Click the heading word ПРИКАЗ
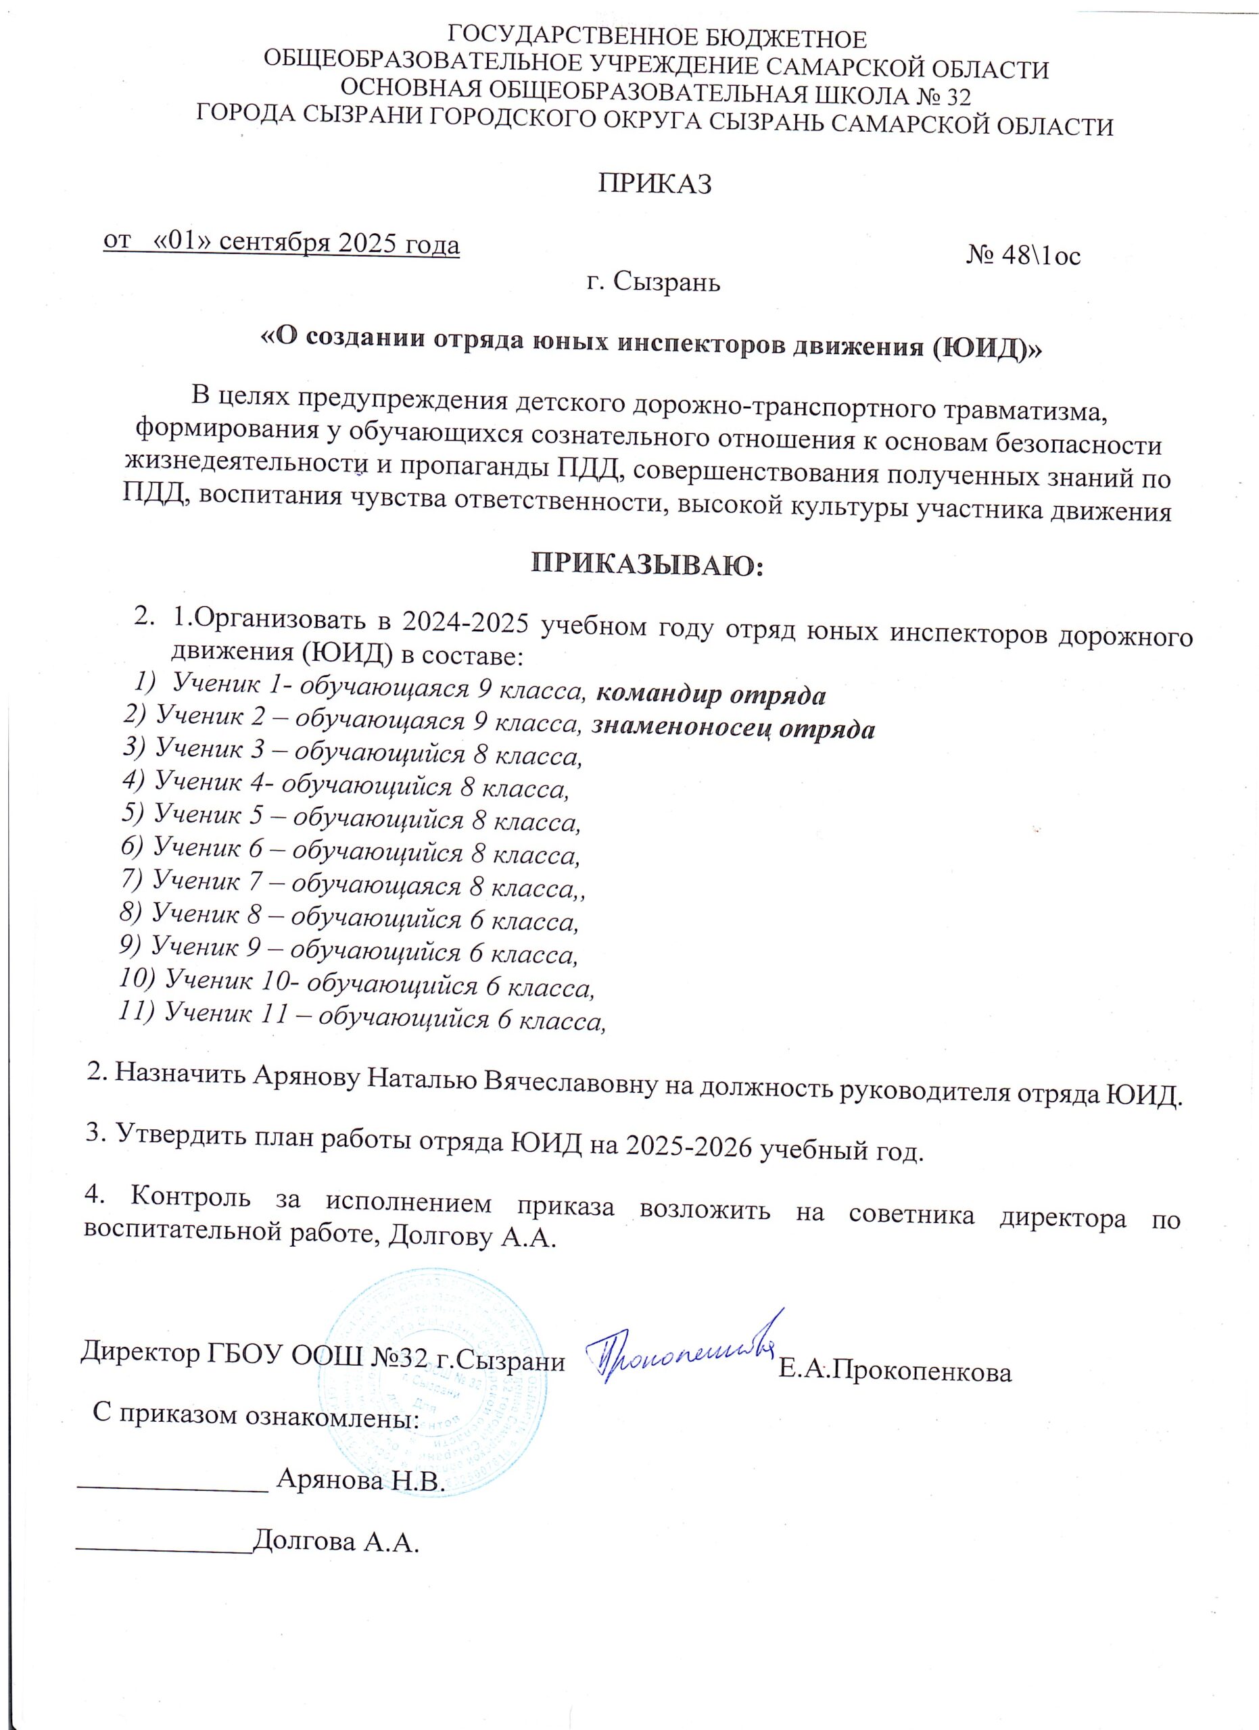[x=654, y=184]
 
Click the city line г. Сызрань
[x=654, y=283]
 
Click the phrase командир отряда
[x=711, y=695]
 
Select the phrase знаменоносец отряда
[x=733, y=728]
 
